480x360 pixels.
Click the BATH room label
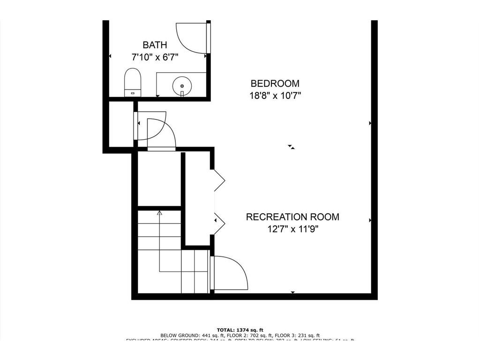(155, 45)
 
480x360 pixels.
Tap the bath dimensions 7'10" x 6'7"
(155, 57)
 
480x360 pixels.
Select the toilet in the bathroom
(133, 82)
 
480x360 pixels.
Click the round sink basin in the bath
(182, 86)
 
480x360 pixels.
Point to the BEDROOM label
(275, 83)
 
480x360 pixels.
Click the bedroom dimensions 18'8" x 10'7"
(275, 96)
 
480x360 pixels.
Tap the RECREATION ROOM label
(292, 217)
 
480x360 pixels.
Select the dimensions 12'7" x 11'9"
(292, 229)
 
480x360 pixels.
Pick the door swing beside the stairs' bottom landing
(230, 273)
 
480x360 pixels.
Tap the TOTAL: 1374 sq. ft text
(240, 330)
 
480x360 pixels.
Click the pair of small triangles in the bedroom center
(292, 147)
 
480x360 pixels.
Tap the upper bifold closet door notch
(219, 180)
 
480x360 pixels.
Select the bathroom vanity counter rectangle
(181, 84)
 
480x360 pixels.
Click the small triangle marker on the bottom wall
(293, 292)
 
